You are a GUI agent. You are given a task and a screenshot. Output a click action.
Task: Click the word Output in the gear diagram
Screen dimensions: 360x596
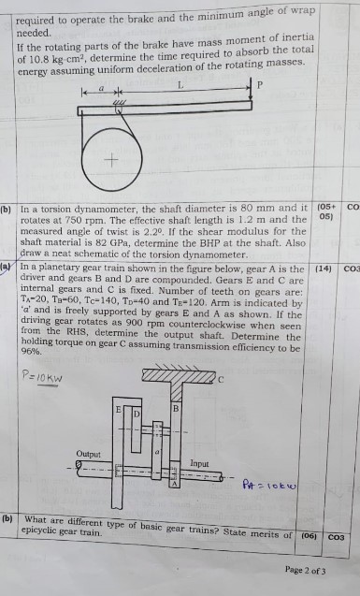pos(90,453)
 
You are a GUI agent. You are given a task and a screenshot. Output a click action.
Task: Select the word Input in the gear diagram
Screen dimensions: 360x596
pos(199,463)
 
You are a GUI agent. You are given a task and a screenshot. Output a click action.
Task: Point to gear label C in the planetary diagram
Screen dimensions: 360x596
pos(222,379)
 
